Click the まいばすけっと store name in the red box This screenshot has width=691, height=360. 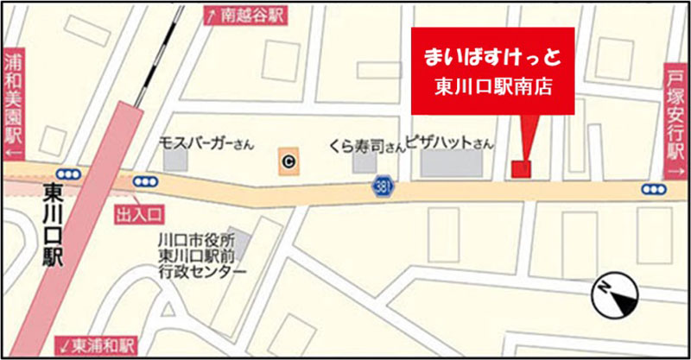(x=493, y=58)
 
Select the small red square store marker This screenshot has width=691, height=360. (x=520, y=168)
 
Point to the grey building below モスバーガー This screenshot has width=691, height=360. (x=175, y=159)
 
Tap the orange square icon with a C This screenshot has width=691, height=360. (x=288, y=159)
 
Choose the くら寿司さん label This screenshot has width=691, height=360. (x=366, y=145)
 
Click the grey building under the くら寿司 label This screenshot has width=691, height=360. (x=365, y=161)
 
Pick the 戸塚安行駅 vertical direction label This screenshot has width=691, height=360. (x=676, y=121)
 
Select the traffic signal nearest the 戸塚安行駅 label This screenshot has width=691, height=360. (x=654, y=189)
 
